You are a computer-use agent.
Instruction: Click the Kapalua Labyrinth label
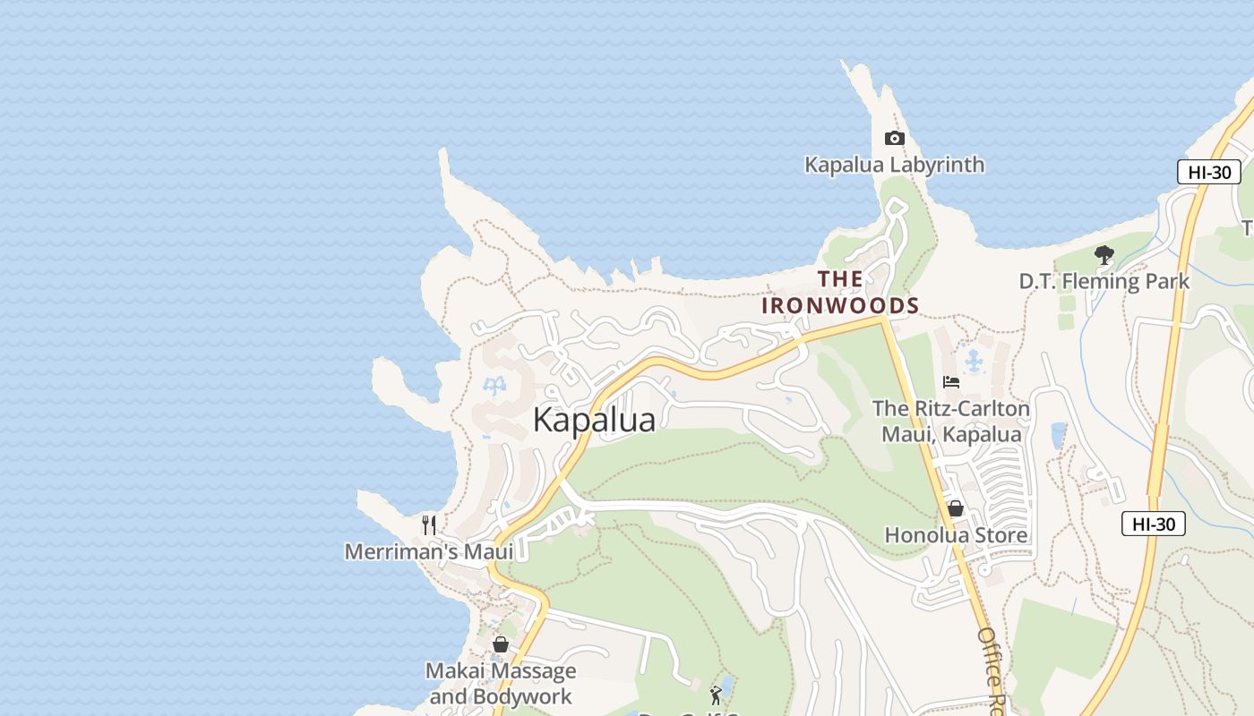click(894, 165)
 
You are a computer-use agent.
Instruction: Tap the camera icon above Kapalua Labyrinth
click(894, 138)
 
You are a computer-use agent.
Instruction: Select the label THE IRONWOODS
click(840, 293)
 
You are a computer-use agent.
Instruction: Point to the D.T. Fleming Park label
click(1104, 281)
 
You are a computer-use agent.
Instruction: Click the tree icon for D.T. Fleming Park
click(1104, 255)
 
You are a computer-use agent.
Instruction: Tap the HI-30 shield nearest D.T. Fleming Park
click(1208, 172)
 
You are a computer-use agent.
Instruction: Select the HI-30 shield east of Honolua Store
click(1153, 524)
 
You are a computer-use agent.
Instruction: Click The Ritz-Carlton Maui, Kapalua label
click(951, 422)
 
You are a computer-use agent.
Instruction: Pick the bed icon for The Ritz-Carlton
click(951, 382)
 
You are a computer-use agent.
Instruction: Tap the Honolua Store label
click(956, 535)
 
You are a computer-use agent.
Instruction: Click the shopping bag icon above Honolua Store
click(956, 508)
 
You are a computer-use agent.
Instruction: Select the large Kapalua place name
click(594, 420)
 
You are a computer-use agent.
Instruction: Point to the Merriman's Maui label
click(417, 551)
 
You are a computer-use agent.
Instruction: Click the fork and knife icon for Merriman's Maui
click(429, 524)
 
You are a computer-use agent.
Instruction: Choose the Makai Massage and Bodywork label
click(501, 684)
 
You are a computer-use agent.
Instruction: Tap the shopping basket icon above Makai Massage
click(501, 644)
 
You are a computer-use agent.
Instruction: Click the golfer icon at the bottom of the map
click(715, 695)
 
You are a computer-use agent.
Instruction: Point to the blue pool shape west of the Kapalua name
click(493, 387)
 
